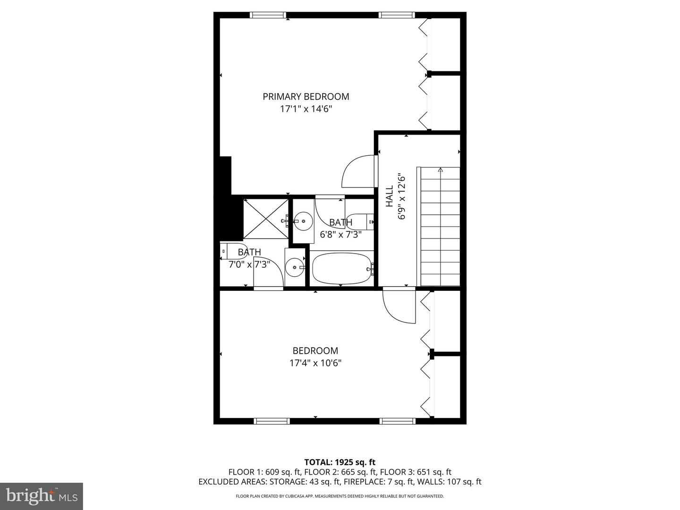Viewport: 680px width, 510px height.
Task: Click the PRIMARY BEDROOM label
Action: point(306,97)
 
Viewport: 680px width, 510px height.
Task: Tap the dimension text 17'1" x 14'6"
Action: point(306,109)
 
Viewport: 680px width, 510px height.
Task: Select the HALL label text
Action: point(389,196)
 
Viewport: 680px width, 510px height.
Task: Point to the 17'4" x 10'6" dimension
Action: point(315,363)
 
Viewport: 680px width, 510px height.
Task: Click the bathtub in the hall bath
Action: point(343,269)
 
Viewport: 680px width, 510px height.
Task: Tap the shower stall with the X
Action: point(266,219)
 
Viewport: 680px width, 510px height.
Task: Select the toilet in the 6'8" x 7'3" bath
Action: point(360,222)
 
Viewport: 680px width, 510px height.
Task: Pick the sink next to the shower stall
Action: point(303,221)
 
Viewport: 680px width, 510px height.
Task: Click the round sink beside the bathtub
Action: point(295,267)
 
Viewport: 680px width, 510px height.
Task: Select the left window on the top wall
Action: point(268,15)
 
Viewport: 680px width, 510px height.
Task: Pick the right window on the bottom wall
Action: point(397,421)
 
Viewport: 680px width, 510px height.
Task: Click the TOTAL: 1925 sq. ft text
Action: point(340,462)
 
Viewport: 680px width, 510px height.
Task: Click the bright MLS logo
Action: point(41,496)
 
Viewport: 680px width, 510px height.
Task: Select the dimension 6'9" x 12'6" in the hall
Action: point(401,196)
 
